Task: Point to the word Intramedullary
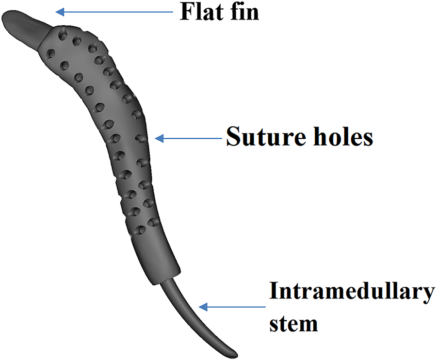352,293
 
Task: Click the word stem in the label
294,323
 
